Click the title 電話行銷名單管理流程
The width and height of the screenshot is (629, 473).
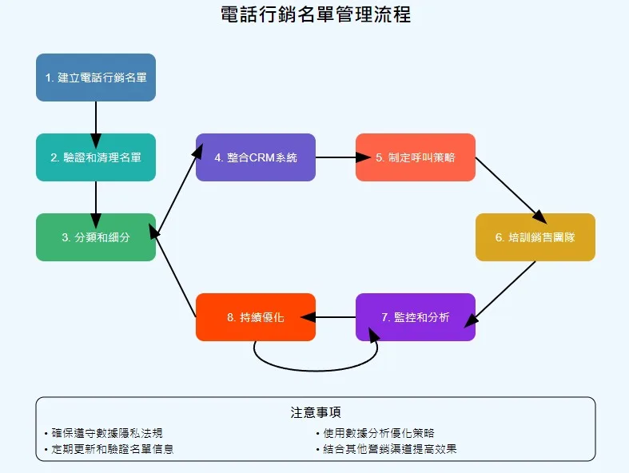315,14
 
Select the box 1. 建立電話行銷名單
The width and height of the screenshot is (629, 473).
96,78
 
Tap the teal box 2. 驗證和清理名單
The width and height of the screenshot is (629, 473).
96,157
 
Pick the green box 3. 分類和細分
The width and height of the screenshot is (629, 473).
96,237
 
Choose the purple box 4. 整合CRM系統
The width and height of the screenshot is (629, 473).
256,157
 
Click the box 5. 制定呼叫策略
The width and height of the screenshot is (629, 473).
416,157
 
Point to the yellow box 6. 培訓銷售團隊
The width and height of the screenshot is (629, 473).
535,237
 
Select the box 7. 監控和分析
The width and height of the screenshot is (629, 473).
416,317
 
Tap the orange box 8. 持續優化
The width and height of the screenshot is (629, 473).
256,317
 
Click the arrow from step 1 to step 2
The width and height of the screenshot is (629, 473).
96,117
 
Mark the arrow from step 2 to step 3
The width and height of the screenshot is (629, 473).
96,197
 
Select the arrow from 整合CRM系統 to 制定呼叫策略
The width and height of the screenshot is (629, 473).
336,157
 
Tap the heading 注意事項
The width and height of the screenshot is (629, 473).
316,413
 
